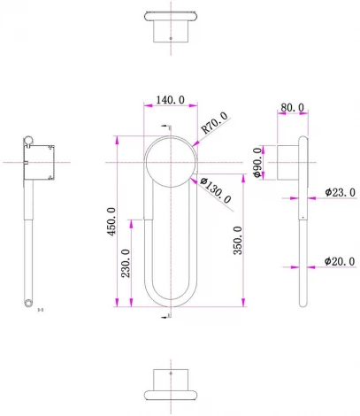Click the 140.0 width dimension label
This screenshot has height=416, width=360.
pos(170,101)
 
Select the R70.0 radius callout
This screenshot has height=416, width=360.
pos(214,122)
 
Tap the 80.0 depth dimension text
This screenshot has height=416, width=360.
pos(291,108)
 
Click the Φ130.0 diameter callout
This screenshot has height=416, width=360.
pos(216,191)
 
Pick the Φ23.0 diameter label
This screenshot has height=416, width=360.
pos(340,191)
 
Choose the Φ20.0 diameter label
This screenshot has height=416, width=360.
pos(340,262)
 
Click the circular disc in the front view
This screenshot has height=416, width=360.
pos(171,161)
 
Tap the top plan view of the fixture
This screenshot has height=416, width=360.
pos(171,26)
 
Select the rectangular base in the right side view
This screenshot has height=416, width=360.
pos(287,162)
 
